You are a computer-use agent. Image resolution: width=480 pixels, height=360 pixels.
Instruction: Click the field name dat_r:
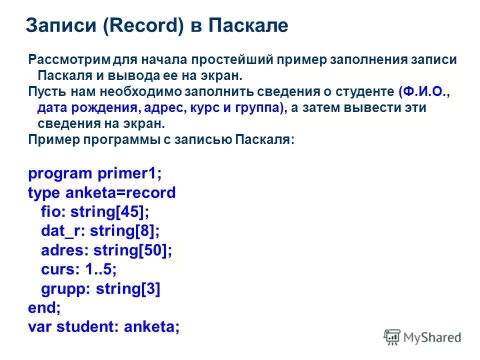click(x=62, y=231)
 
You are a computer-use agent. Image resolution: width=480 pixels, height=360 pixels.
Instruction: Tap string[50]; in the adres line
click(x=133, y=250)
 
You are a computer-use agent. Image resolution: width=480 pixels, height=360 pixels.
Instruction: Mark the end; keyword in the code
click(x=44, y=308)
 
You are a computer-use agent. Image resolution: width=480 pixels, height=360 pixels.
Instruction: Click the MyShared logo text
click(x=433, y=338)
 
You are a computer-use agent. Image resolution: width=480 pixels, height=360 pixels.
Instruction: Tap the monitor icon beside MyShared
click(x=393, y=337)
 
